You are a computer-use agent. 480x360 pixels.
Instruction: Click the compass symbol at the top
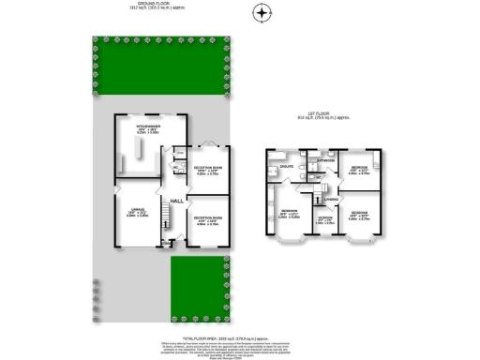coord(262,12)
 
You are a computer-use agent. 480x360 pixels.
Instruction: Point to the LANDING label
coord(330,199)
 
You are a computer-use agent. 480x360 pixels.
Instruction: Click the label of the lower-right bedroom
coord(359,214)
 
